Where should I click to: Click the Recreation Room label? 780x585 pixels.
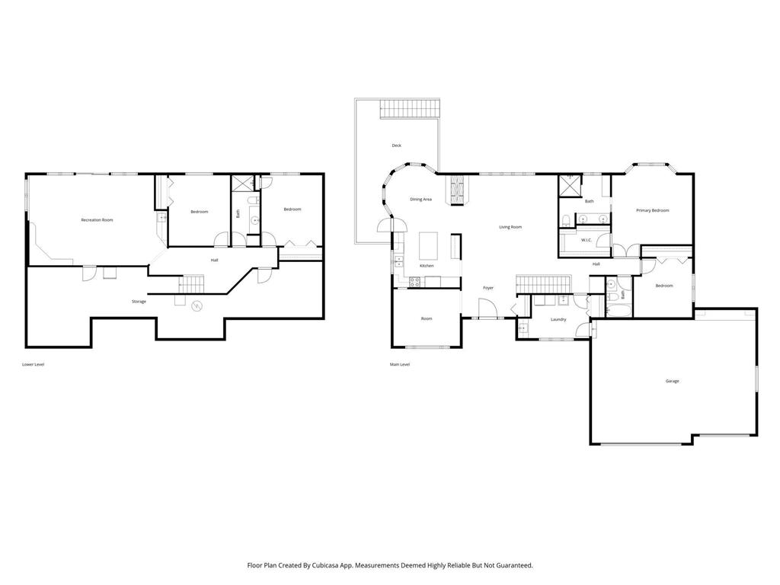pyautogui.click(x=97, y=220)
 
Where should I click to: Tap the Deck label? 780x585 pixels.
pyautogui.click(x=396, y=145)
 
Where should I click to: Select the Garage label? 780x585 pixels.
pyautogui.click(x=672, y=381)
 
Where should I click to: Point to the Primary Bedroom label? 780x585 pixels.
pyautogui.click(x=652, y=210)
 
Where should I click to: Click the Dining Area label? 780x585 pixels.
pyautogui.click(x=420, y=200)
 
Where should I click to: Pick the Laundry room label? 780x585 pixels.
pyautogui.click(x=558, y=319)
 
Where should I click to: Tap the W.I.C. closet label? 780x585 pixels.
pyautogui.click(x=586, y=240)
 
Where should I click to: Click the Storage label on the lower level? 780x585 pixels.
pyautogui.click(x=139, y=302)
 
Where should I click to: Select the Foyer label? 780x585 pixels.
pyautogui.click(x=488, y=288)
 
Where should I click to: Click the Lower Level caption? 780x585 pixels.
pyautogui.click(x=34, y=365)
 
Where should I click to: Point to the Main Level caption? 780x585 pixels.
pyautogui.click(x=399, y=365)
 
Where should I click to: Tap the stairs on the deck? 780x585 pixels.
pyautogui.click(x=411, y=109)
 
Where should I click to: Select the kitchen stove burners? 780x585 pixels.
pyautogui.click(x=414, y=282)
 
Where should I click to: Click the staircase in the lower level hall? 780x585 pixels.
pyautogui.click(x=191, y=283)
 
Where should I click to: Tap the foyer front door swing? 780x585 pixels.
pyautogui.click(x=487, y=308)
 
